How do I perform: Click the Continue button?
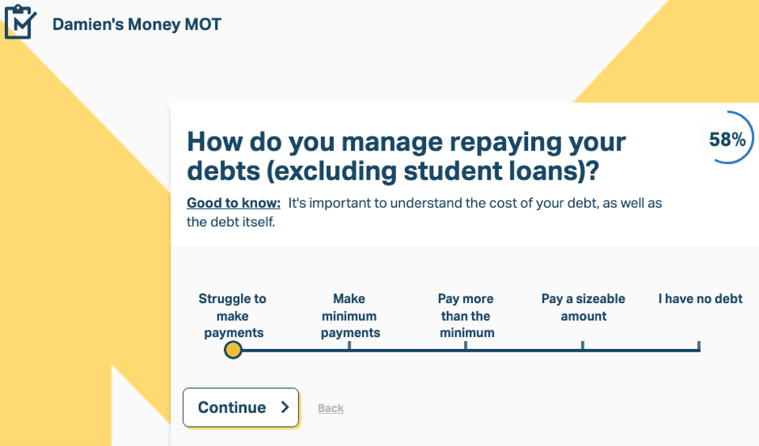(241, 407)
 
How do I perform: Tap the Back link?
(331, 408)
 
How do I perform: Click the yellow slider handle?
(233, 350)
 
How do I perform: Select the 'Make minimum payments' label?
(350, 315)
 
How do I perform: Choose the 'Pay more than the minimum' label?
(466, 315)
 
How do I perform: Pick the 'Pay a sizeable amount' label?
(584, 307)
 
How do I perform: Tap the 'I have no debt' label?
(700, 299)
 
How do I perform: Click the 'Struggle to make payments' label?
(233, 315)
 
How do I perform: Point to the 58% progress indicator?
(727, 139)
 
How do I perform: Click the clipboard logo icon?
(20, 22)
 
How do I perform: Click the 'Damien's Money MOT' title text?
(137, 24)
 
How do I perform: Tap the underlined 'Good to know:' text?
(234, 203)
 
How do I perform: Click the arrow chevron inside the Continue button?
(285, 407)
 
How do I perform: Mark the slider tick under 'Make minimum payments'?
(349, 345)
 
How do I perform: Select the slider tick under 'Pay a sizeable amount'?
(583, 345)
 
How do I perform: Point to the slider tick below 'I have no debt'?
(699, 345)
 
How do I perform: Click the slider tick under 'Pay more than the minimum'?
(466, 345)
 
